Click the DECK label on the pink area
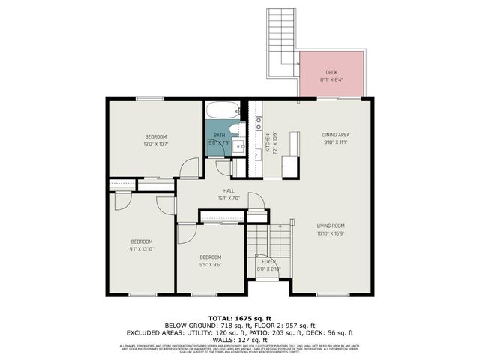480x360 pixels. pyautogui.click(x=331, y=72)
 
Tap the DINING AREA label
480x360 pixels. pyautogui.click(x=337, y=134)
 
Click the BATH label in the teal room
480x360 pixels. pyautogui.click(x=219, y=136)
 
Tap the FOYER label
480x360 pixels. pyautogui.click(x=268, y=262)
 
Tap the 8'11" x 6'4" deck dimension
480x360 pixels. pyautogui.click(x=331, y=79)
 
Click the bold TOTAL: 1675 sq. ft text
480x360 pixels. pyautogui.click(x=240, y=318)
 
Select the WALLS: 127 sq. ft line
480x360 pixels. pyautogui.click(x=240, y=339)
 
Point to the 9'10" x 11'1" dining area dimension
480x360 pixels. pyautogui.click(x=337, y=142)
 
